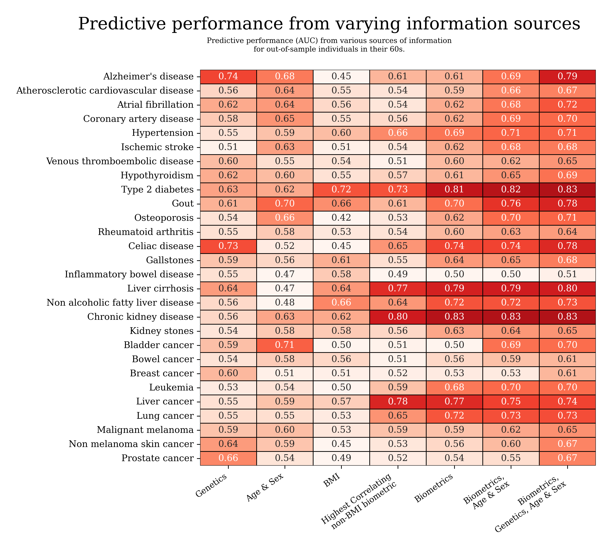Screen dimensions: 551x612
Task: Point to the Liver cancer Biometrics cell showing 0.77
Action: tap(454, 402)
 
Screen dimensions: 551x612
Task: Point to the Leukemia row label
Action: tap(171, 387)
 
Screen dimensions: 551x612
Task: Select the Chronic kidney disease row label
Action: tap(140, 317)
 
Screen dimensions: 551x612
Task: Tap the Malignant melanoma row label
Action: tap(145, 430)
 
